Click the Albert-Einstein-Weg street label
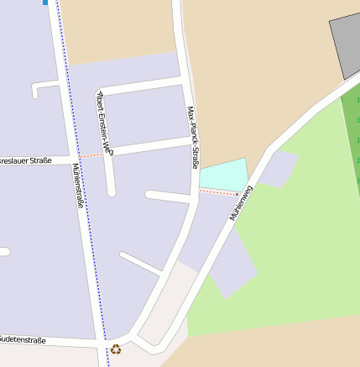tap(106, 122)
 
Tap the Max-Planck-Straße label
tap(192, 138)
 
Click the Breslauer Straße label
tap(25, 160)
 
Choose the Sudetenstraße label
tap(23, 340)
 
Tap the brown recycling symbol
tap(116, 349)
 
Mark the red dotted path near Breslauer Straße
tap(92, 155)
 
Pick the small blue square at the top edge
tap(44, 3)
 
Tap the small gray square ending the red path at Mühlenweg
tap(237, 194)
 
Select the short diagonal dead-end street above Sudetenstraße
tap(140, 263)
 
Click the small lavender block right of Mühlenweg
tap(279, 169)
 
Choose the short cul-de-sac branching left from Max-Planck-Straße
tap(168, 197)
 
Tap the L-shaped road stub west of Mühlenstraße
tap(42, 87)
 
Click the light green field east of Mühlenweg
tap(294, 252)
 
